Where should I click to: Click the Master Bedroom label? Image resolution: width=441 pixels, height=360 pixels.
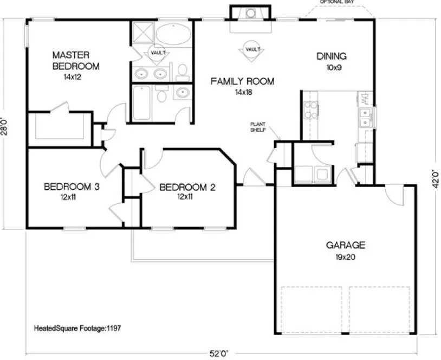(76, 61)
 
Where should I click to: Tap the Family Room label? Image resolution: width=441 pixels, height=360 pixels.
(242, 81)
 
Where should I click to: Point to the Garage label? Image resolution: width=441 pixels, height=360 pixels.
(346, 245)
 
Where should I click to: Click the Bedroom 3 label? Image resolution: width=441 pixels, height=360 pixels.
(71, 187)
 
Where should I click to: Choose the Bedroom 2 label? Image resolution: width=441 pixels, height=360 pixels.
(187, 188)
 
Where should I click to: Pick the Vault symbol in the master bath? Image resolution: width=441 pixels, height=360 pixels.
(159, 52)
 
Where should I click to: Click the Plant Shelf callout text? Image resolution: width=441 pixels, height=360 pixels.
(257, 126)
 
